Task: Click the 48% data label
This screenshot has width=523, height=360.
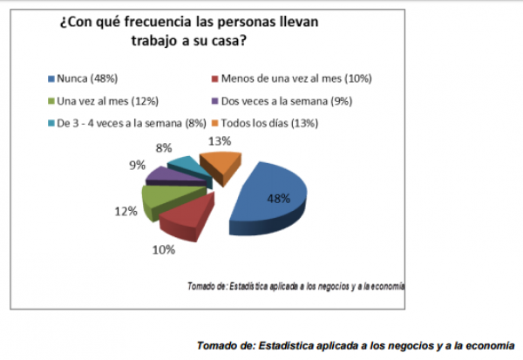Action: pyautogui.click(x=278, y=198)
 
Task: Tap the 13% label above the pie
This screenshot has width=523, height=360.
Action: pyautogui.click(x=219, y=140)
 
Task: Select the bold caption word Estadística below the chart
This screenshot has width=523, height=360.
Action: pyautogui.click(x=291, y=343)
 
